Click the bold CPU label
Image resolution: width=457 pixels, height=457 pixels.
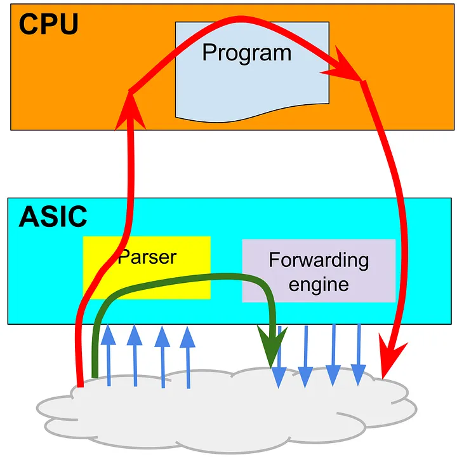pyautogui.click(x=48, y=24)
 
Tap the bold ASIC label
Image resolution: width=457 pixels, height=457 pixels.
pyautogui.click(x=53, y=216)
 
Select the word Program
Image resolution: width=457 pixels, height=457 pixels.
pyautogui.click(x=246, y=53)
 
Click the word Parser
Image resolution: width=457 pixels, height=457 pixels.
pyautogui.click(x=147, y=257)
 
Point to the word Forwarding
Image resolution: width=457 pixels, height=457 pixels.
pyautogui.click(x=319, y=261)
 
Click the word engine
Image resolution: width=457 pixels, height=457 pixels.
pyautogui.click(x=319, y=285)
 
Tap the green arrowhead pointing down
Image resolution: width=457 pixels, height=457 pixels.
pyautogui.click(x=272, y=346)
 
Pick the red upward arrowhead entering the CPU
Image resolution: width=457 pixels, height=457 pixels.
pyautogui.click(x=130, y=111)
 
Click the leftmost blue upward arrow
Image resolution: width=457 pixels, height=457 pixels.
pyautogui.click(x=109, y=355)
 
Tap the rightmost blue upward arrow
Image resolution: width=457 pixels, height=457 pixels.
pyautogui.click(x=187, y=357)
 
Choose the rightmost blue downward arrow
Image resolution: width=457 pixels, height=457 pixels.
pyautogui.click(x=359, y=355)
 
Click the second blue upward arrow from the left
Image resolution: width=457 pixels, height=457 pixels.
pyautogui.click(x=135, y=355)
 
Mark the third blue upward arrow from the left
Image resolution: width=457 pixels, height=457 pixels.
pyautogui.click(x=162, y=357)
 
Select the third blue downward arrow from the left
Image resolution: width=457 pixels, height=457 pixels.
pyautogui.click(x=333, y=355)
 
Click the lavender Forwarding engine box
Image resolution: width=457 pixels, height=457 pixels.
pyautogui.click(x=319, y=271)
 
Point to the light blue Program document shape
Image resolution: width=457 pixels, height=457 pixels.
pyautogui.click(x=252, y=72)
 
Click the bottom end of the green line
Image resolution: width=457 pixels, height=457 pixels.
pyautogui.click(x=95, y=378)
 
